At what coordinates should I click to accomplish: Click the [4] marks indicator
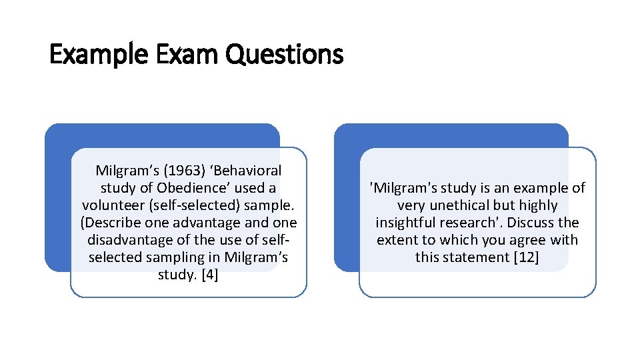207,275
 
